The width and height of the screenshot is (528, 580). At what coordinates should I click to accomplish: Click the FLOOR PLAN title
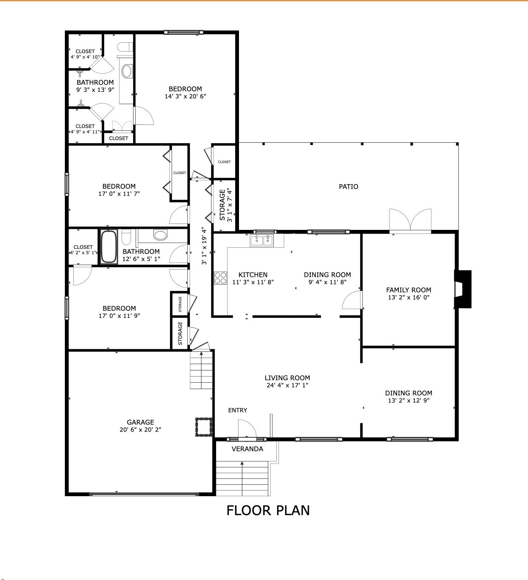tap(268, 511)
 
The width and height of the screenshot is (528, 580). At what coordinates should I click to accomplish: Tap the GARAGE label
tap(140, 422)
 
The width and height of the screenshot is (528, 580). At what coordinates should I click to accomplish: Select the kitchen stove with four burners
tap(220, 278)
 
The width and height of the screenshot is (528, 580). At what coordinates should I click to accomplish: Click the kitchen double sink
tap(262, 240)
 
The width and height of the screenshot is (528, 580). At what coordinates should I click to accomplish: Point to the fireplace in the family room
tap(463, 289)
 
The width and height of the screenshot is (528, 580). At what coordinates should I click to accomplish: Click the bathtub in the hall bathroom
tap(108, 247)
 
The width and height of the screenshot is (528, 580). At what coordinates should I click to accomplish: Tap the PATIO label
tap(348, 187)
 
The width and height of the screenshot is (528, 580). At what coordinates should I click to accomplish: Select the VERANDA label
tap(247, 449)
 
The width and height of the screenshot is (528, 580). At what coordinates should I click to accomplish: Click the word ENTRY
tap(237, 410)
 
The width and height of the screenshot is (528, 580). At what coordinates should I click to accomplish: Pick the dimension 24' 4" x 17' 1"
tap(287, 385)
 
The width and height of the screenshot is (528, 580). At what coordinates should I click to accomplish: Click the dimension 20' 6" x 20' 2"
tap(140, 430)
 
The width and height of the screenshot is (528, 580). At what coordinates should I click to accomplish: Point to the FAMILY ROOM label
tap(409, 290)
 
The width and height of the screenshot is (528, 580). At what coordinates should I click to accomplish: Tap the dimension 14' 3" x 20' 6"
tap(185, 96)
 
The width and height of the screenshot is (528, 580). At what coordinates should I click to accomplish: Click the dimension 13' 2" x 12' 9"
tap(409, 400)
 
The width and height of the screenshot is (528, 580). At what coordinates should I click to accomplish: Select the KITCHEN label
tap(253, 275)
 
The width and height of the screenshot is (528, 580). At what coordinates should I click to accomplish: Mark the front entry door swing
tap(247, 429)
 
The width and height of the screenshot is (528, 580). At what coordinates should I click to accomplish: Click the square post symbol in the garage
tap(204, 427)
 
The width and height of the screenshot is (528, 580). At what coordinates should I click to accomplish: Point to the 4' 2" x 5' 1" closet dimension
tap(83, 253)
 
